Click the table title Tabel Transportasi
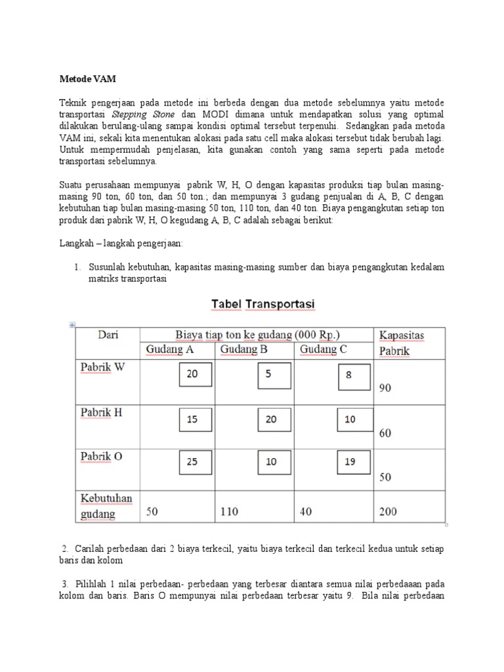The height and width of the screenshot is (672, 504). [262, 304]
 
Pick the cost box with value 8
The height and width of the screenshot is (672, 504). [349, 376]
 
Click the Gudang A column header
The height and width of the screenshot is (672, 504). [169, 350]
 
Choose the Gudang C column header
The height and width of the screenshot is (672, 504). [324, 350]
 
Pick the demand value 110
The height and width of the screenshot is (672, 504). [230, 511]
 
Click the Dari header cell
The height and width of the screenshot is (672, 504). [108, 335]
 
